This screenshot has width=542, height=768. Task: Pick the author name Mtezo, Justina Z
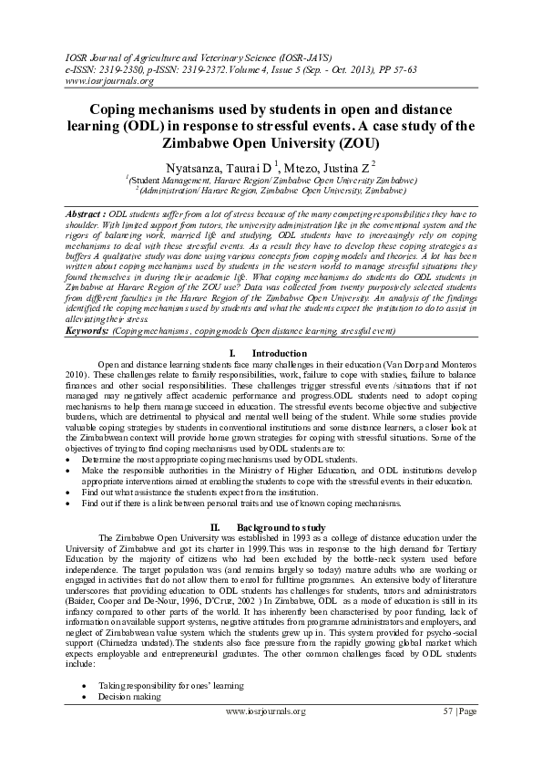(x=316, y=168)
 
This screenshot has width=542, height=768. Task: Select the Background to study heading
(x=280, y=527)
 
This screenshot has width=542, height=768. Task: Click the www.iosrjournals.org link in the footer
(x=271, y=735)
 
